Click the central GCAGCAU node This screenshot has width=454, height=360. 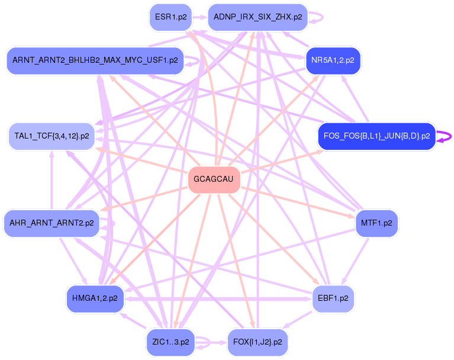click(x=214, y=180)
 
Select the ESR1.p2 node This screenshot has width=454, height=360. click(x=170, y=17)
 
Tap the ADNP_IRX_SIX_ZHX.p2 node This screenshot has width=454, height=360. click(x=257, y=17)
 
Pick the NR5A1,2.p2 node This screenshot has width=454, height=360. click(x=333, y=60)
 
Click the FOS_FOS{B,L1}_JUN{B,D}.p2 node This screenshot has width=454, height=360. click(x=376, y=136)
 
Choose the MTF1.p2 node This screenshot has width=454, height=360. click(x=376, y=223)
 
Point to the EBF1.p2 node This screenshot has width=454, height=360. click(x=333, y=298)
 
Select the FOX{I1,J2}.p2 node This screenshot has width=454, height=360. click(x=257, y=342)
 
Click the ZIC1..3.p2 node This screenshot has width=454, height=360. click(x=170, y=342)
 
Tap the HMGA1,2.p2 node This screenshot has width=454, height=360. click(x=95, y=298)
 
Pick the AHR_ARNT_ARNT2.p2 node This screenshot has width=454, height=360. click(x=51, y=223)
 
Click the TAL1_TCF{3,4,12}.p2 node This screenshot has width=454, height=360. click(x=51, y=136)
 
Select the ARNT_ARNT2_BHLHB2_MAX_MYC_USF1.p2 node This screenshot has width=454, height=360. click(x=95, y=60)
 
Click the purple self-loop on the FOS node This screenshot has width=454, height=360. click(x=447, y=136)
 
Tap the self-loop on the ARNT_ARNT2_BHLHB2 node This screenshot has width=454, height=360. click(x=194, y=60)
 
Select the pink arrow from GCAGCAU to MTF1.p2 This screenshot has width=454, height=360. click(x=296, y=202)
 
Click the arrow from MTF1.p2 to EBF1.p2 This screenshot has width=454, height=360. click(x=355, y=261)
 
